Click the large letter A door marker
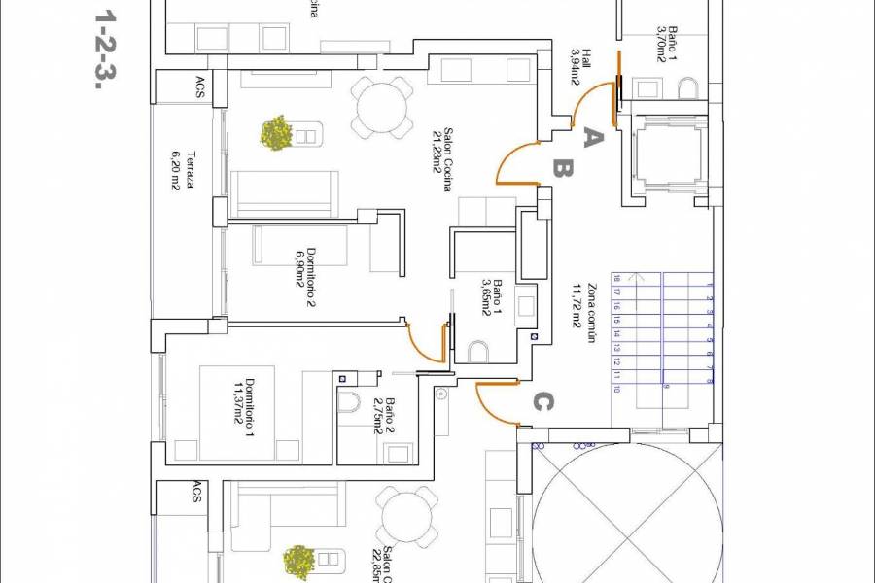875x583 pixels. click(x=593, y=138)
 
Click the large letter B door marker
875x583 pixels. click(x=562, y=169)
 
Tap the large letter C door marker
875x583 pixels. click(x=545, y=400)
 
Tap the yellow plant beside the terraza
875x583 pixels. click(x=277, y=132)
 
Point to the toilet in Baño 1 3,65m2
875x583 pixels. click(x=479, y=350)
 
